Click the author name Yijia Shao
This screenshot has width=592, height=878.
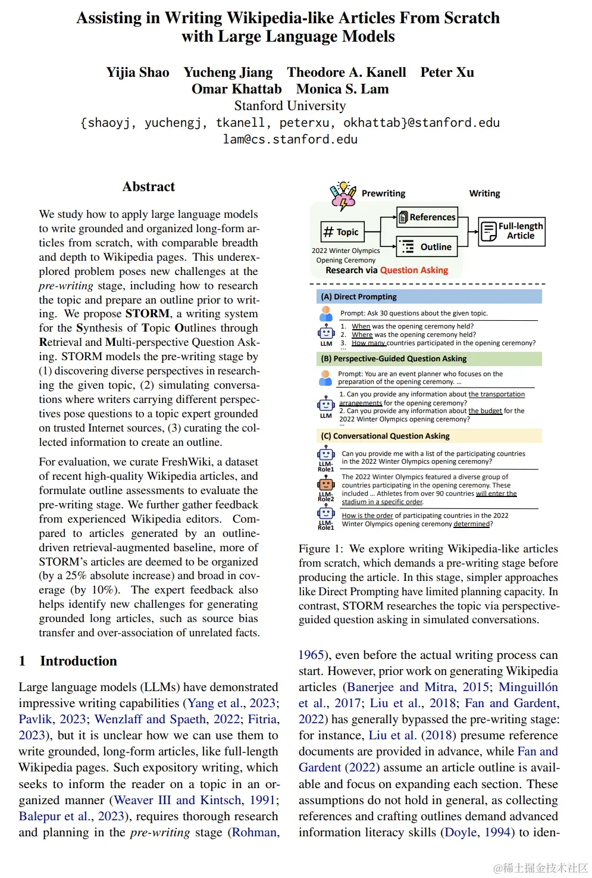(x=137, y=73)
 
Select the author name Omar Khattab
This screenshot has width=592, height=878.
(x=236, y=89)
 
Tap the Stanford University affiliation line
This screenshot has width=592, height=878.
(x=290, y=106)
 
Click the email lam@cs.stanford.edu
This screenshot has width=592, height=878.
(x=290, y=139)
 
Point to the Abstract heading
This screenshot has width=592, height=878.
(x=148, y=187)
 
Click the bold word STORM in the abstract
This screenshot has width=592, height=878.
(x=147, y=314)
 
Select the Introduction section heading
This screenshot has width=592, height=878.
(x=78, y=661)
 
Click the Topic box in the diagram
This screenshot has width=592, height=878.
(x=341, y=232)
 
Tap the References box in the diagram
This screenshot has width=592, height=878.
(x=427, y=217)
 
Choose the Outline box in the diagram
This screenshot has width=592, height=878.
(x=427, y=246)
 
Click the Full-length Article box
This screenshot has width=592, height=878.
(x=512, y=231)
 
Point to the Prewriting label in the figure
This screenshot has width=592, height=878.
(x=383, y=193)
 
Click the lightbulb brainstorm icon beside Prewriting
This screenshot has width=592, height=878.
(x=343, y=195)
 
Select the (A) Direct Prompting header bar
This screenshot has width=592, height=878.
(x=428, y=296)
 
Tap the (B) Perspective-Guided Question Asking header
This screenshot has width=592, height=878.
(x=428, y=358)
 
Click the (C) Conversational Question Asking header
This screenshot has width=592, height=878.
(x=428, y=436)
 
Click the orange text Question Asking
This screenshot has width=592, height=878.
(x=414, y=270)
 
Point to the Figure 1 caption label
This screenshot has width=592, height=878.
(x=321, y=548)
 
